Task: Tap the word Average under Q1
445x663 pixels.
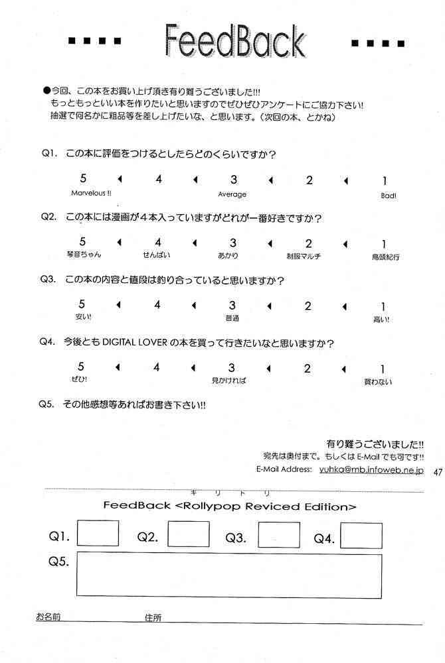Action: click(x=232, y=194)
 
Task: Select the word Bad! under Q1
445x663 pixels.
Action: click(x=388, y=196)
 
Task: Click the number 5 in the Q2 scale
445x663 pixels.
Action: click(x=82, y=242)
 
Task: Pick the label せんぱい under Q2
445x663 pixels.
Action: click(x=157, y=255)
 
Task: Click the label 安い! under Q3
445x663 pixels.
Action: click(x=84, y=318)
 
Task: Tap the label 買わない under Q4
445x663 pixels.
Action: click(x=378, y=381)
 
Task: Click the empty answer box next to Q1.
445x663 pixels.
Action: click(x=98, y=534)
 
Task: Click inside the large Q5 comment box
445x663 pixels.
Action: click(x=229, y=575)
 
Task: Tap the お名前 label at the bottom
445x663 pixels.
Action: click(x=48, y=617)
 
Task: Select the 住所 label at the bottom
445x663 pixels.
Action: click(x=153, y=617)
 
